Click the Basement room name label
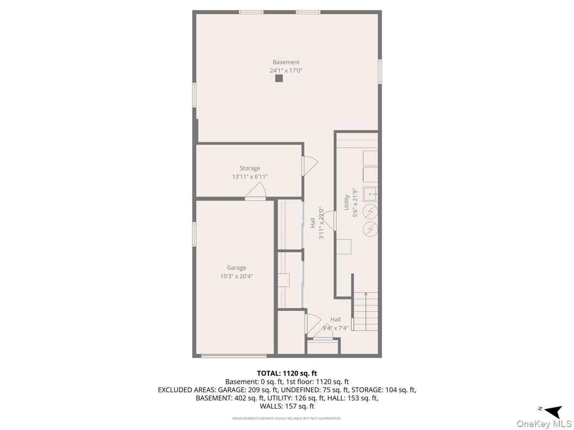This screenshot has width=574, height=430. [286, 62]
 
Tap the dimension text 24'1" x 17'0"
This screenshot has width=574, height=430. [286, 71]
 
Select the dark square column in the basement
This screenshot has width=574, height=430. [279, 78]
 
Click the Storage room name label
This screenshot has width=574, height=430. [250, 168]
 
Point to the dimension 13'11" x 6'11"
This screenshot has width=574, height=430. [250, 177]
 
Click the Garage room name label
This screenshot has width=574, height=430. [236, 268]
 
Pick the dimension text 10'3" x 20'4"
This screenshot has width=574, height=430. [236, 276]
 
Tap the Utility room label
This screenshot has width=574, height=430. [346, 202]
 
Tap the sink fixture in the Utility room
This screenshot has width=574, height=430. [370, 194]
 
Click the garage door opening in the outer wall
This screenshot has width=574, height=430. [234, 356]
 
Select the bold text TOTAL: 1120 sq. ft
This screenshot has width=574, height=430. [287, 373]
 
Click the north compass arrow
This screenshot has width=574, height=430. [553, 412]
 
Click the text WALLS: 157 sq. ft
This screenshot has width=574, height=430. [287, 406]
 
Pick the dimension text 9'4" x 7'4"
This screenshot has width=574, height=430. [335, 328]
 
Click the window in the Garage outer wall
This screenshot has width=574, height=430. [194, 234]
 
